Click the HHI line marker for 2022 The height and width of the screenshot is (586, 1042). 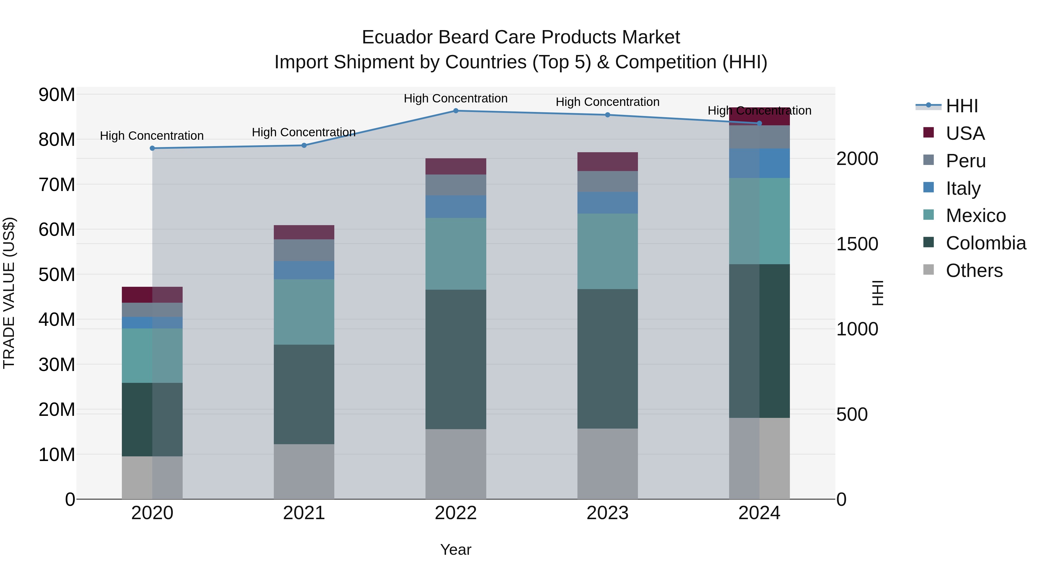pos(456,111)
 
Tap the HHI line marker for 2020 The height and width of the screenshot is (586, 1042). pos(152,148)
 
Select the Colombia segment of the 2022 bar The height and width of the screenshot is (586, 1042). pos(456,359)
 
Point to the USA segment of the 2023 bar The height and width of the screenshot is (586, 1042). pos(607,162)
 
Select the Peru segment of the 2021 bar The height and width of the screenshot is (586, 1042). pos(304,250)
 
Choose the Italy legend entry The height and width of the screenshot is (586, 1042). pos(963,188)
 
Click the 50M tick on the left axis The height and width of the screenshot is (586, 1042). pos(57,275)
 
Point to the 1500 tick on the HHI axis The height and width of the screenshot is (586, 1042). pos(857,244)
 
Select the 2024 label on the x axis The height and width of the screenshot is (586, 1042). pos(759,513)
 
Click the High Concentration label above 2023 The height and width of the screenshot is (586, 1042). pos(607,102)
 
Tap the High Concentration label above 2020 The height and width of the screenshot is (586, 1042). pos(152,136)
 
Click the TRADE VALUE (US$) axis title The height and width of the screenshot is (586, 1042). pos(9,293)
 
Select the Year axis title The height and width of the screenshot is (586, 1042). pos(456,550)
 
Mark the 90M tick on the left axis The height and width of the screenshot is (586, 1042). pos(57,95)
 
